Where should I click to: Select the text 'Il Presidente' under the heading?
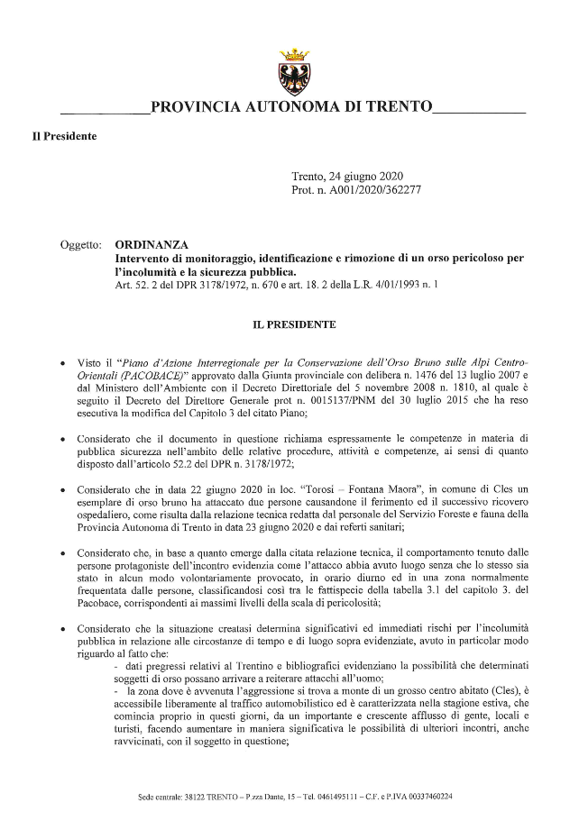64,137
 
